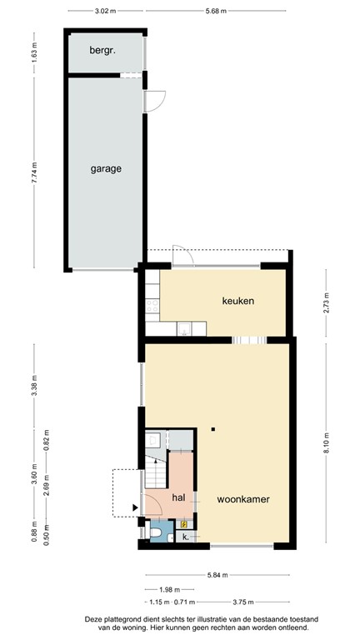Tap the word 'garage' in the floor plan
(106, 168)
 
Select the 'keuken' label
(237, 300)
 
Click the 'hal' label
(178, 497)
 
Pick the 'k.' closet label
(185, 537)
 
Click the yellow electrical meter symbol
(184, 525)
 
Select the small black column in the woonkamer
(213, 429)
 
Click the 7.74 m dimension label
(34, 172)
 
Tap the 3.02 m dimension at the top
(104, 11)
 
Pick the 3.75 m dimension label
(245, 602)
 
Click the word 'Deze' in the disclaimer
(96, 618)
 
